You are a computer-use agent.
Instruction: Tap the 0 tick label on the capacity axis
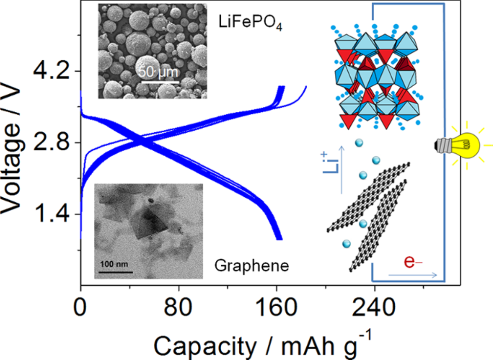click(80, 305)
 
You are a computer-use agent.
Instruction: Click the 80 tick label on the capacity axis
click(178, 305)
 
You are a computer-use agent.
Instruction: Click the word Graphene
click(252, 266)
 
